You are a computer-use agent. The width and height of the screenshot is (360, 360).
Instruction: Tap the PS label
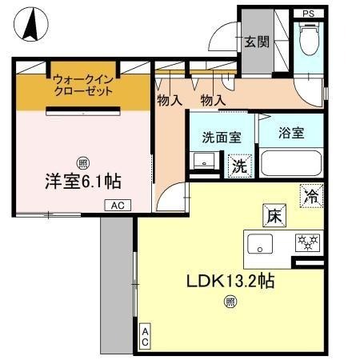(x=308, y=14)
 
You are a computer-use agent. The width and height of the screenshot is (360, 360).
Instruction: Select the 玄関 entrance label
(x=256, y=42)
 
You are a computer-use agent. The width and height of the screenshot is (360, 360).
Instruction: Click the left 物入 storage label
(x=169, y=101)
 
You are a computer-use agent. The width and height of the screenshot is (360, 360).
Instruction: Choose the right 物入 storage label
(x=212, y=101)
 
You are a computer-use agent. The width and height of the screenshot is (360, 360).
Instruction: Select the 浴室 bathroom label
(x=291, y=134)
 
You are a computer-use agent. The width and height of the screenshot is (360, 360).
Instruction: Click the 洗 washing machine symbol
(x=239, y=166)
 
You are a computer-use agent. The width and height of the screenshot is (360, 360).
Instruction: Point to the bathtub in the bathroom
(x=291, y=164)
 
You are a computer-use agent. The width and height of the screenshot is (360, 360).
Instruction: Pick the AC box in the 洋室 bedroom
(x=117, y=206)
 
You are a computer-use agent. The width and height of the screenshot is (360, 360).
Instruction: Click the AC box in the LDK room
(x=145, y=337)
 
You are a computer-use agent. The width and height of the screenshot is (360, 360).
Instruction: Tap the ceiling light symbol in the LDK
(x=230, y=302)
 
